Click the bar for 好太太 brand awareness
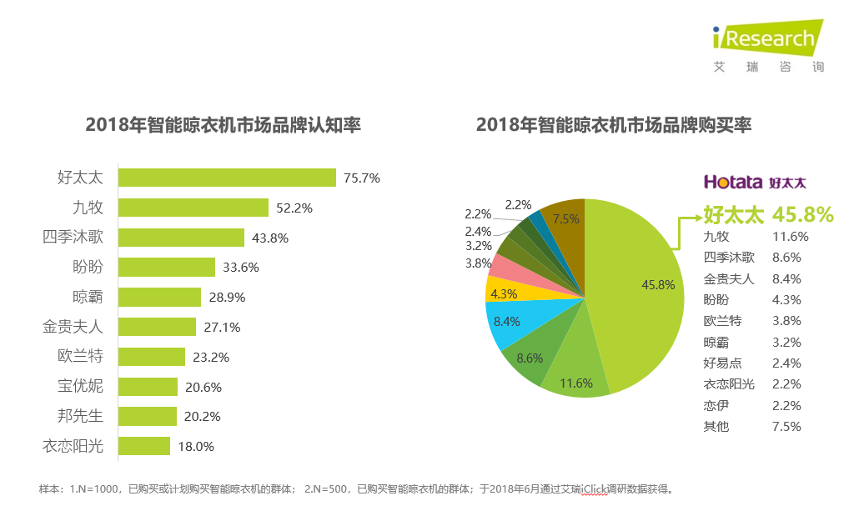[227, 178]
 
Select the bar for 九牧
[193, 208]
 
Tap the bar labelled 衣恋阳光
[143, 446]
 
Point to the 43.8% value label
[269, 238]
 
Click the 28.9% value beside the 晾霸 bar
[227, 298]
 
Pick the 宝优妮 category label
[80, 387]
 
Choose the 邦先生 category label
[80, 416]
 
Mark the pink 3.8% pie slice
[504, 266]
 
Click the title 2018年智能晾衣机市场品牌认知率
[223, 125]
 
